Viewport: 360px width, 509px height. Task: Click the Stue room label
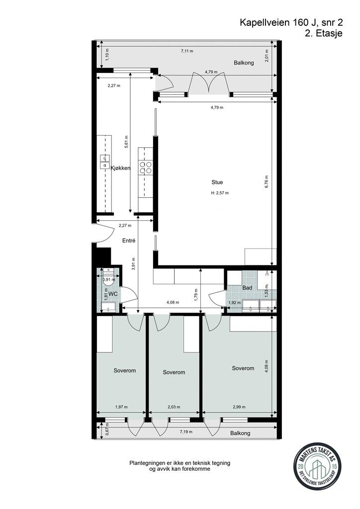coord(217,182)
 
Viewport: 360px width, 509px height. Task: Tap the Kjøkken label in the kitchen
coord(120,168)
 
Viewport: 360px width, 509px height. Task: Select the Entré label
coord(129,241)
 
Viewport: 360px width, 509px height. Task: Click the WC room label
coord(113,294)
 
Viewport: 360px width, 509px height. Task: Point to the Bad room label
coord(247,288)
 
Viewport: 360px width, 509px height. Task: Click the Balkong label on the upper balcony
coord(244,63)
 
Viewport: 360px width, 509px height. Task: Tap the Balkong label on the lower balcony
coord(240,433)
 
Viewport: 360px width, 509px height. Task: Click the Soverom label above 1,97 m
coord(125,371)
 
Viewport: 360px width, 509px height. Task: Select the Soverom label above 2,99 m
coord(243,368)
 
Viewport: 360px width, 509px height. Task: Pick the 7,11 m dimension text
coord(187,51)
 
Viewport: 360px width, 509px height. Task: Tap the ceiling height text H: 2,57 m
coord(220,193)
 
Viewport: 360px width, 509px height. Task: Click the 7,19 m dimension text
coord(186,433)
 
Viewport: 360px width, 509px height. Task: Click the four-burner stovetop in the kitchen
coord(146,168)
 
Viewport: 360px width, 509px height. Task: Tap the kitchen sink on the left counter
coord(104,161)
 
